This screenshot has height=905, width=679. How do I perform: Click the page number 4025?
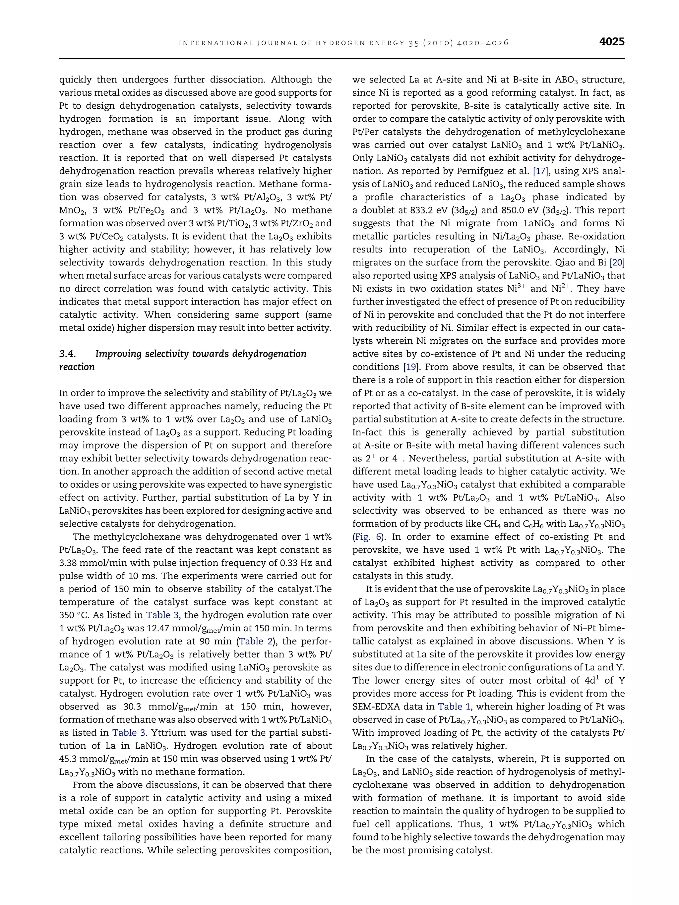(x=611, y=42)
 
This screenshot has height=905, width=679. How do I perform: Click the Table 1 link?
(x=454, y=707)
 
